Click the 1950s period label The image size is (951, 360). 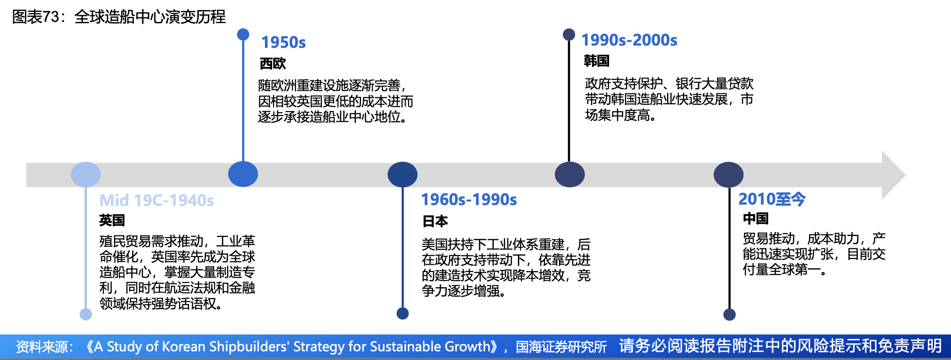283,42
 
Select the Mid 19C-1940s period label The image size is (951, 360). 157,201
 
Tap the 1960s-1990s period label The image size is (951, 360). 469,200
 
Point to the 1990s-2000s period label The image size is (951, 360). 630,40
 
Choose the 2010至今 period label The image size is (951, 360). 772,199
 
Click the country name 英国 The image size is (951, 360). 112,221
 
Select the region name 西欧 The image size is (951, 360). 273,63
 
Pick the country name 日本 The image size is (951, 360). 435,221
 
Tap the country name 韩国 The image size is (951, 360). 597,61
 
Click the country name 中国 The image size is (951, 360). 756,219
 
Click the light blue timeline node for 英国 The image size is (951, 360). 86,175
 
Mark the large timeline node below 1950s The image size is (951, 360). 243,174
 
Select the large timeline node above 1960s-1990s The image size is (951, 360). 403,175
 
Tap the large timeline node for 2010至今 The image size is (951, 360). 729,175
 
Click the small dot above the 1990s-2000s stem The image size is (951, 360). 569,35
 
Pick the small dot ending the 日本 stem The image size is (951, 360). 403,314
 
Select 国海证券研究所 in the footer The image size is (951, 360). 561,347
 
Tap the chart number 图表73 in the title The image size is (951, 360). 36,17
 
